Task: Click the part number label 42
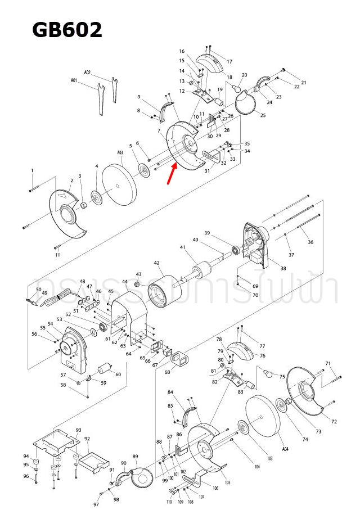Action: pos(157,263)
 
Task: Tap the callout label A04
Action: pos(285,449)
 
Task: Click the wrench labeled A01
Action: pos(100,101)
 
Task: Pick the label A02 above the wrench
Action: pos(88,73)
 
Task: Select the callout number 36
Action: pos(310,242)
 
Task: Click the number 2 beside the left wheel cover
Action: pos(72,180)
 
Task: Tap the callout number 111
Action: pos(58,255)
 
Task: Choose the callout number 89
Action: pos(135,456)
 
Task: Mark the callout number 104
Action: pos(257,467)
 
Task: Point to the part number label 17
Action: pos(229,61)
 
